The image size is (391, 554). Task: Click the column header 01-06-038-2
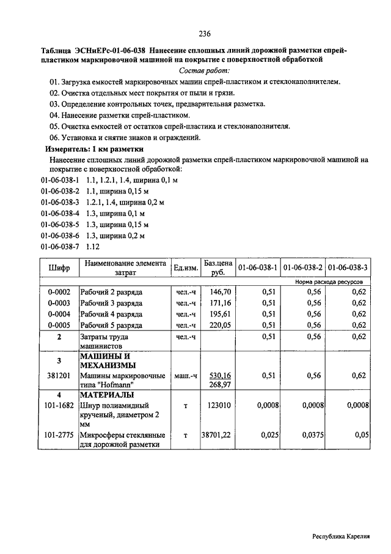click(304, 268)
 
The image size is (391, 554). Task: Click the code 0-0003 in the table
click(59, 303)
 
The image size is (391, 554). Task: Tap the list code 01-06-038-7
click(60, 247)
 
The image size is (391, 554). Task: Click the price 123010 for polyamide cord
click(219, 405)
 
